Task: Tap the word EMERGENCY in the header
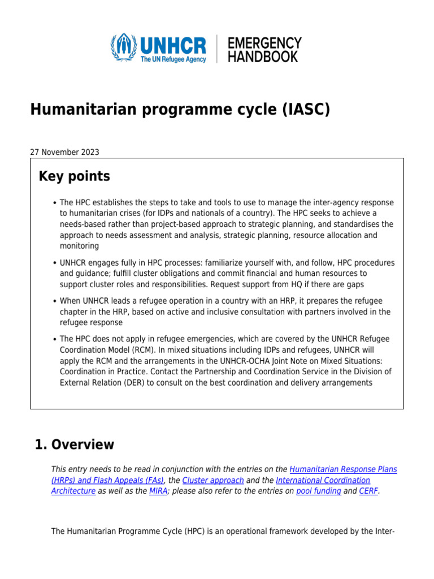pyautogui.click(x=264, y=43)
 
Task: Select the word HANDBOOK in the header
pyautogui.click(x=262, y=56)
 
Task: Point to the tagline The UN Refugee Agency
pyautogui.click(x=173, y=59)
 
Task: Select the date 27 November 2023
pyautogui.click(x=64, y=152)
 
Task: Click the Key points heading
pyautogui.click(x=74, y=176)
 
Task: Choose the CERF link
pyautogui.click(x=368, y=491)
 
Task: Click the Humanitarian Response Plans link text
pyautogui.click(x=343, y=469)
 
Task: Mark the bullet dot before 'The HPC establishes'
pyautogui.click(x=54, y=203)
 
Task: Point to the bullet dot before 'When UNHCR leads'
pyautogui.click(x=54, y=301)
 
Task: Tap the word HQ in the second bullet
pyautogui.click(x=300, y=284)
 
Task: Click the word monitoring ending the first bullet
pyautogui.click(x=79, y=246)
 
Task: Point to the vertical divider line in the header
pyautogui.click(x=216, y=49)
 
